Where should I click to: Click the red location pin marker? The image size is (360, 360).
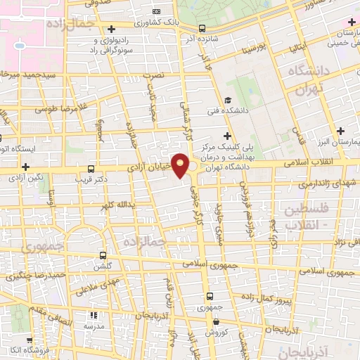[x=181, y=166]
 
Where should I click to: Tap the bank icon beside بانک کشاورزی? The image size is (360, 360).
[x=156, y=11]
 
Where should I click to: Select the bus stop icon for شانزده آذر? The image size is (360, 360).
[x=202, y=29]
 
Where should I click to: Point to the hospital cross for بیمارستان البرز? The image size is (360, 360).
[x=341, y=131]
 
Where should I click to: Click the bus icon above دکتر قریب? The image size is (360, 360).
[x=91, y=169]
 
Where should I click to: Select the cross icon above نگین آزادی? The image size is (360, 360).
[x=26, y=167]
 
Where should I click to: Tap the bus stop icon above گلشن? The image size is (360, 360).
[x=103, y=256]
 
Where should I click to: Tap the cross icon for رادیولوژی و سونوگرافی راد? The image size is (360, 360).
[x=112, y=28]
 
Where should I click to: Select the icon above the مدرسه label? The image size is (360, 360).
[x=93, y=316]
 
